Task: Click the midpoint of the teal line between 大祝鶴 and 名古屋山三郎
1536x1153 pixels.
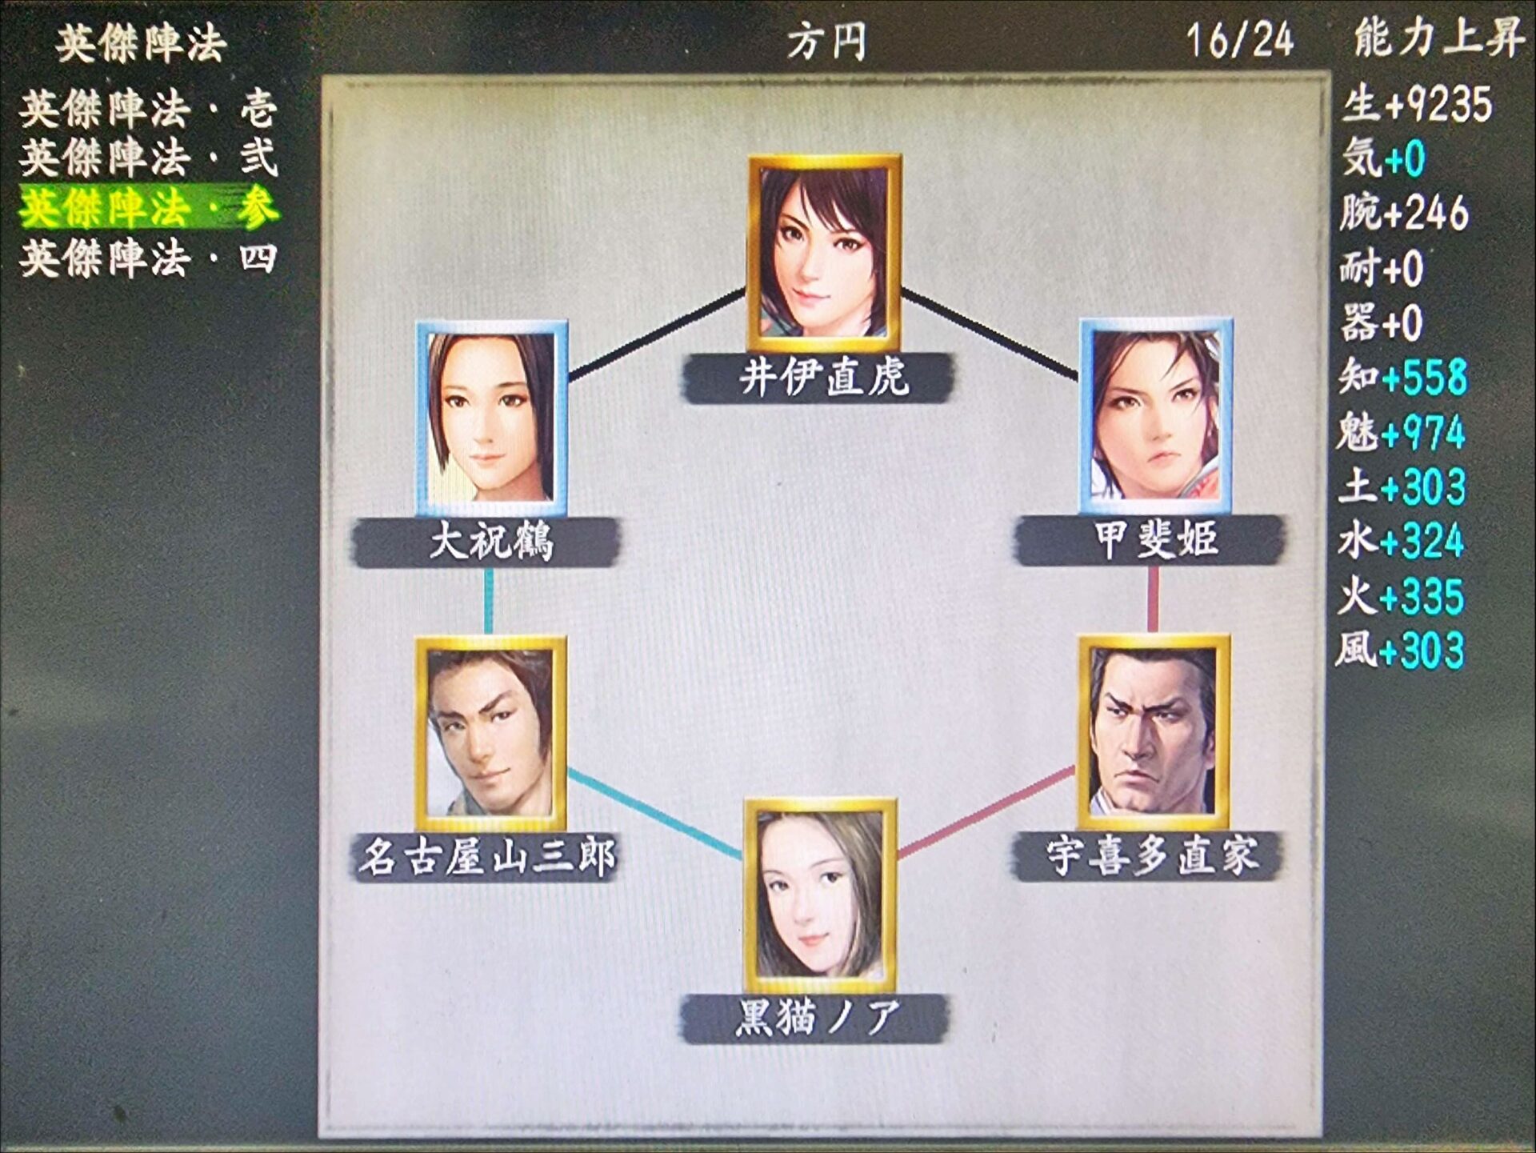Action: [489, 602]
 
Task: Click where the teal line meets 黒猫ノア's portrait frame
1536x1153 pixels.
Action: [744, 858]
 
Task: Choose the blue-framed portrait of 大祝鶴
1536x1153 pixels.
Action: [492, 418]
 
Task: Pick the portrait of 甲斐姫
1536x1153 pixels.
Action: [1156, 417]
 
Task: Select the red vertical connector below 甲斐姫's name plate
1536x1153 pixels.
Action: [1153, 600]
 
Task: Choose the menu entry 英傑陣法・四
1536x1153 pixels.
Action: [149, 258]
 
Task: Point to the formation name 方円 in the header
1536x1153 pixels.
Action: [826, 41]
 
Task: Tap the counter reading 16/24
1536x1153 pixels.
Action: [1240, 40]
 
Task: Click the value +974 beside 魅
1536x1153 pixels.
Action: [1423, 433]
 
